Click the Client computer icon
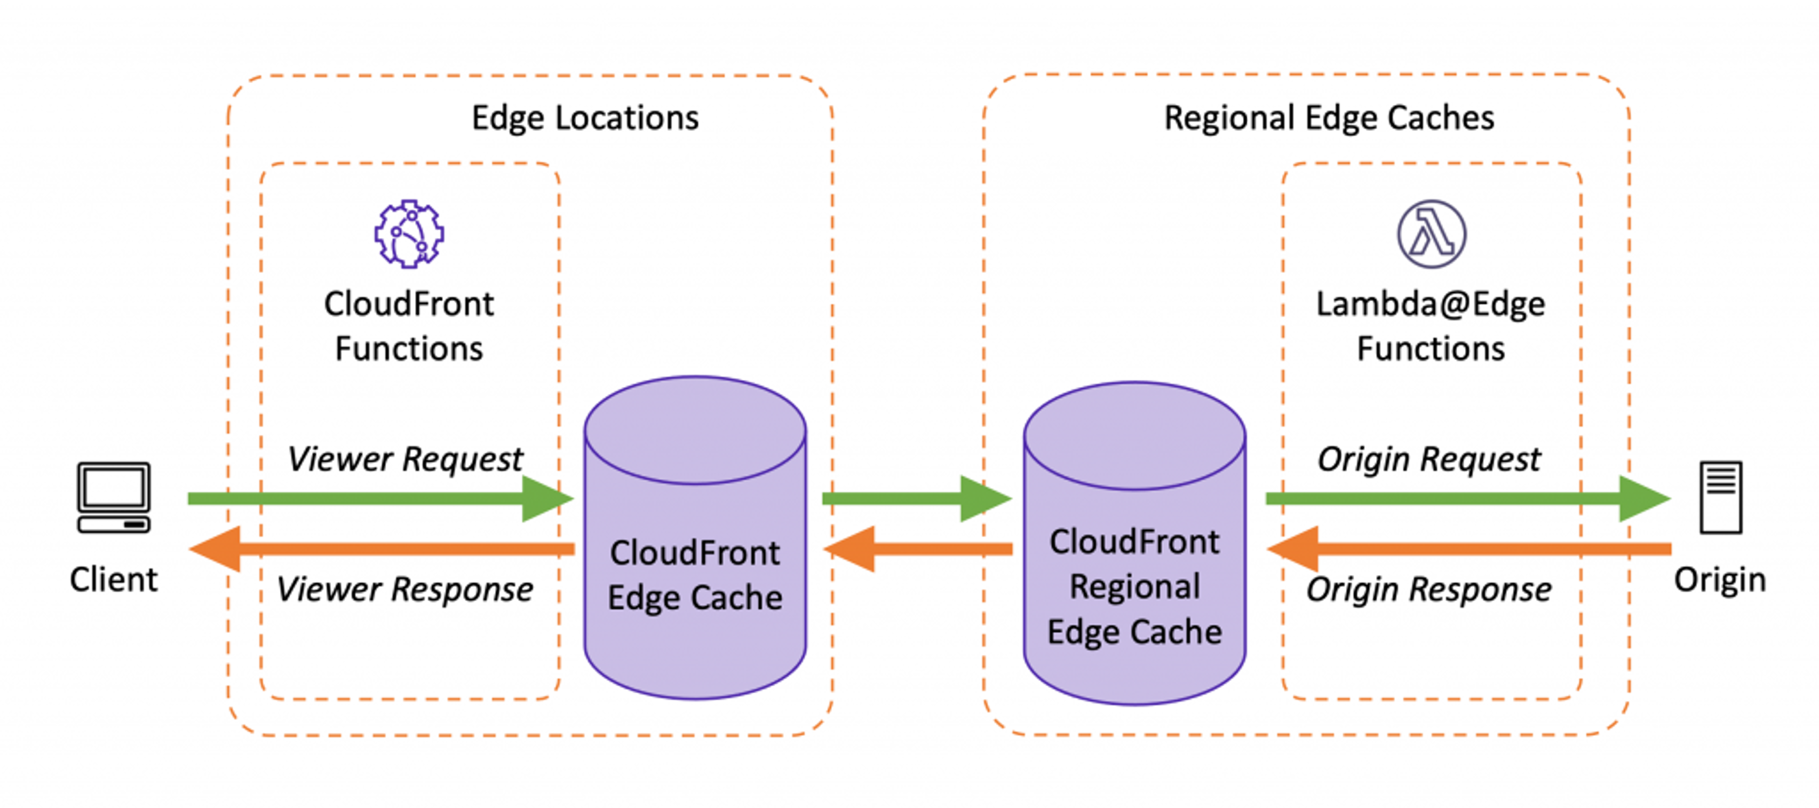tap(113, 497)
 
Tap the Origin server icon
tap(1721, 497)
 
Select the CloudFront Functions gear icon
tap(409, 234)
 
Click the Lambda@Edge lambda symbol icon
tap(1431, 234)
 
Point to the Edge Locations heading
tap(586, 117)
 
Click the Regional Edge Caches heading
tap(1329, 117)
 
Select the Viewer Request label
tap(405, 459)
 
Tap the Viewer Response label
tap(405, 589)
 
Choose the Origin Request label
tap(1429, 459)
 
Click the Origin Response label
tap(1429, 589)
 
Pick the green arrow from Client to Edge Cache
tap(381, 499)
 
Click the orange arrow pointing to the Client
tap(382, 549)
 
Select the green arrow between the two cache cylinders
tap(916, 499)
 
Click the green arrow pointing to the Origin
tap(1468, 499)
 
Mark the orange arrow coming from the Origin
tap(1469, 549)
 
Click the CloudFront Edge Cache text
tap(696, 575)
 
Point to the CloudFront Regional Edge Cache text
tap(1135, 586)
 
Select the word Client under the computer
tap(113, 580)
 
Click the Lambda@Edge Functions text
tap(1431, 326)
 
